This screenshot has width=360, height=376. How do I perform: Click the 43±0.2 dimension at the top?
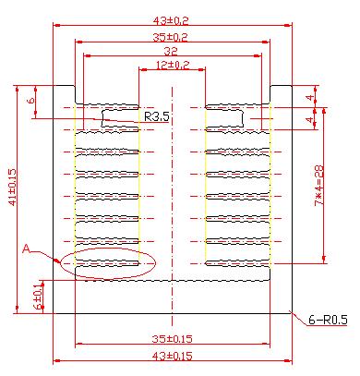pos(171,20)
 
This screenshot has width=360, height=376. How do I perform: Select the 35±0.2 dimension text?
pos(171,37)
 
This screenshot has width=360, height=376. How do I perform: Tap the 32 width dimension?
pos(171,51)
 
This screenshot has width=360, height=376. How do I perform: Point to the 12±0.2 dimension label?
pos(173,65)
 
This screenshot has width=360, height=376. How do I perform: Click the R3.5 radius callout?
pos(157,116)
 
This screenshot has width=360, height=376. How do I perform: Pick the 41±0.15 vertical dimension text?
pos(12,187)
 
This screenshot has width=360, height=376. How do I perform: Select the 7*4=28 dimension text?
pos(319,186)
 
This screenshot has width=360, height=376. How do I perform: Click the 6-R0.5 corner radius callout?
pos(328,321)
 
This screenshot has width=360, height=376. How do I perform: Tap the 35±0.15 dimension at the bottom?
pos(173,339)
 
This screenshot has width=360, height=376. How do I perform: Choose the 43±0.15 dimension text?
pos(173,356)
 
